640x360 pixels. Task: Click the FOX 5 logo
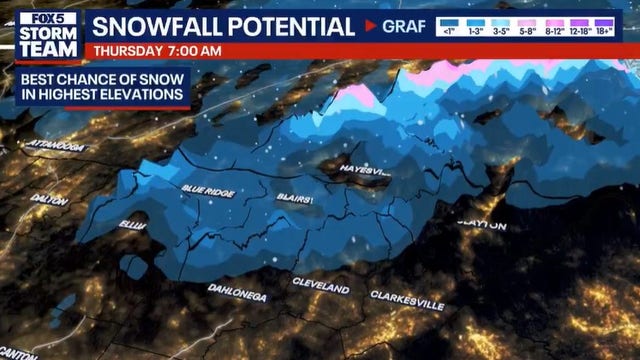43,21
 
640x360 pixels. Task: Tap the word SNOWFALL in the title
162,26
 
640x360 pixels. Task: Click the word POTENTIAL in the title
295,26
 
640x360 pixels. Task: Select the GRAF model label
403,26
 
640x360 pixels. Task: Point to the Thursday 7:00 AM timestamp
156,50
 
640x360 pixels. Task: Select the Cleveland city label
321,287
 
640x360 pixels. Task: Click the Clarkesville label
407,298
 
